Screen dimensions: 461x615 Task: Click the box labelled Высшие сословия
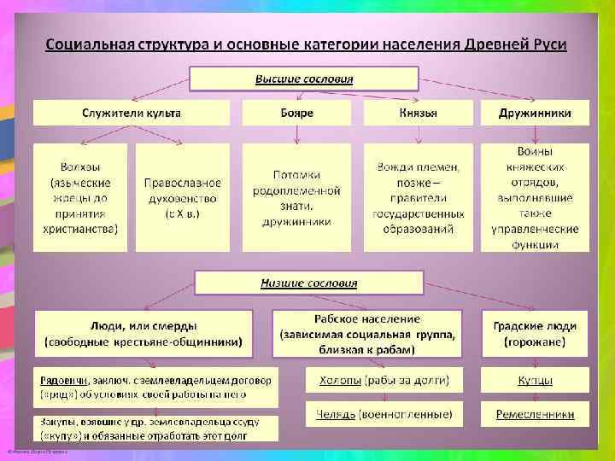304,79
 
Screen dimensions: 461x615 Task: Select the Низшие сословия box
308,283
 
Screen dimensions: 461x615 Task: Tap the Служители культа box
132,113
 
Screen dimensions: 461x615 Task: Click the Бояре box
296,113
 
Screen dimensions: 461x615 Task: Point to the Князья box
418,113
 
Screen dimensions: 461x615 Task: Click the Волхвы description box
80,197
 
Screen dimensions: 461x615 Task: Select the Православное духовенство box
183,197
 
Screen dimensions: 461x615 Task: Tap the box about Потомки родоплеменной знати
296,197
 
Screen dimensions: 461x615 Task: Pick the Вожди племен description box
418,197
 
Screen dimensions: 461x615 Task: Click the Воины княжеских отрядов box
535,197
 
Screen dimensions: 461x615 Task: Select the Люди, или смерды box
143,334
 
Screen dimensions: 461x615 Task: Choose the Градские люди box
535,334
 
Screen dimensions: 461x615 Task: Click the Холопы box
384,379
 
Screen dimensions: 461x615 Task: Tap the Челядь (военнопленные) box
384,415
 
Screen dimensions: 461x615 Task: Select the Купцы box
535,379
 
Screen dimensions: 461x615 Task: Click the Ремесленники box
535,415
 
